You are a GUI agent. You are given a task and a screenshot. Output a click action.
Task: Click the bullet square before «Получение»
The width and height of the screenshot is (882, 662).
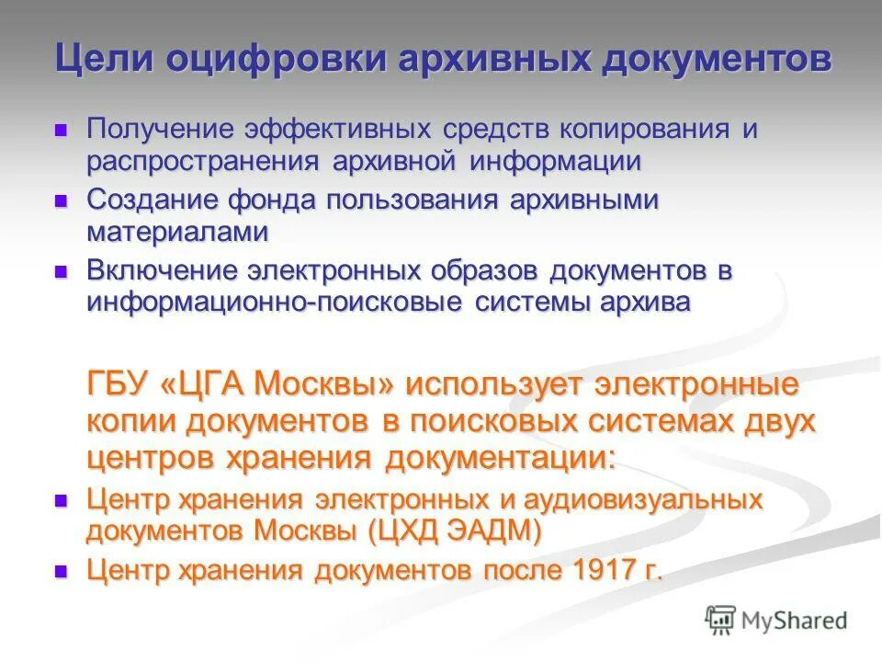[x=62, y=129]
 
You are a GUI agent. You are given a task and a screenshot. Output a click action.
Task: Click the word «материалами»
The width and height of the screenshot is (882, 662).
[x=177, y=232]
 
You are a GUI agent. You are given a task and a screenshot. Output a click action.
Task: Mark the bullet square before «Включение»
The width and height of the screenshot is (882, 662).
[x=62, y=271]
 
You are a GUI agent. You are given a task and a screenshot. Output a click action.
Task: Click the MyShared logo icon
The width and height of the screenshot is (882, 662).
[x=720, y=621]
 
